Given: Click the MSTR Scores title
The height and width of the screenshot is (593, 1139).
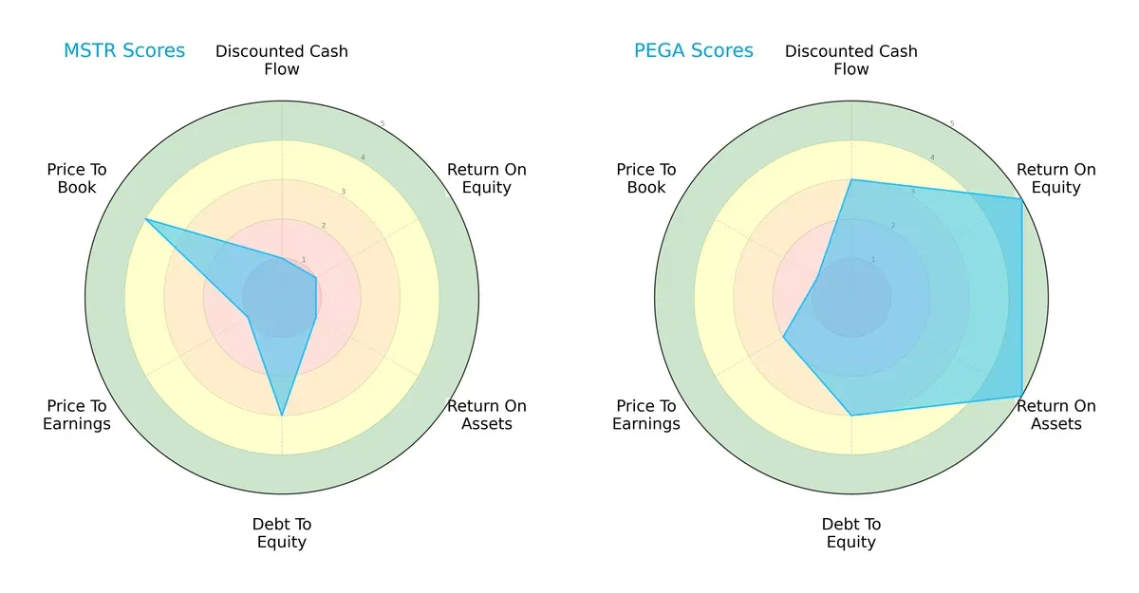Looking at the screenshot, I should click(x=124, y=50).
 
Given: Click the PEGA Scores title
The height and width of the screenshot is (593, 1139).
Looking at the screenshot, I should click(x=694, y=50).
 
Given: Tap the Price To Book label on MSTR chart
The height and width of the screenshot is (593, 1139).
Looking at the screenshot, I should click(x=77, y=178).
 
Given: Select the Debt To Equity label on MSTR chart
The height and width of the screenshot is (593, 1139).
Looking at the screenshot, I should click(x=282, y=533).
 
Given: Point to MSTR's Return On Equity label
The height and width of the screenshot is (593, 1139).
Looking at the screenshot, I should click(x=487, y=178).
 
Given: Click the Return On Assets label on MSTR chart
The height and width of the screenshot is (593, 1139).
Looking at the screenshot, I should click(x=487, y=415).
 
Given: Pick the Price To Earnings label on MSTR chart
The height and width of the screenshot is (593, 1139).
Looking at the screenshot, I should click(x=77, y=415).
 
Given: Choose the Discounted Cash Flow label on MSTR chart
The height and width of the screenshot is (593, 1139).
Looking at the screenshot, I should click(x=282, y=60).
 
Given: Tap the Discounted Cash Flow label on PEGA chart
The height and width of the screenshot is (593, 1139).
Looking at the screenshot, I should click(x=851, y=60).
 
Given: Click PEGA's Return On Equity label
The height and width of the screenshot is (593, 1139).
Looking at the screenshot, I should click(x=1056, y=178).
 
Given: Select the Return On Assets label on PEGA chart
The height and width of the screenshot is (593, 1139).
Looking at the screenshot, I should click(x=1056, y=415).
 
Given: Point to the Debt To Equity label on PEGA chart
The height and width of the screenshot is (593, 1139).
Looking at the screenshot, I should click(x=851, y=533).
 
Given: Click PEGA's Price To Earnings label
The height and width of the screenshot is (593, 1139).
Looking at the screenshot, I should click(x=646, y=415).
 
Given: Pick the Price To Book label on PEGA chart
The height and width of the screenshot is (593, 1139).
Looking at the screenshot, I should click(x=646, y=178).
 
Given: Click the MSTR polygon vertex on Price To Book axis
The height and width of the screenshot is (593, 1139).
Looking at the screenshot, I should click(x=145, y=219).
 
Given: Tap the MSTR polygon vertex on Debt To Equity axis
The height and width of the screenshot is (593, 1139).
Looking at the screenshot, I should click(x=282, y=416).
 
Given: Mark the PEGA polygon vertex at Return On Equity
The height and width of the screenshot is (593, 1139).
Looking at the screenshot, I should click(x=1021, y=198).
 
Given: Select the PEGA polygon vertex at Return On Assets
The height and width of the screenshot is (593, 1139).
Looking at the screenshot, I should click(x=1021, y=396).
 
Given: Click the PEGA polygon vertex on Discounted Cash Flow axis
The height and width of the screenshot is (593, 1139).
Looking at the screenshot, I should click(x=851, y=179).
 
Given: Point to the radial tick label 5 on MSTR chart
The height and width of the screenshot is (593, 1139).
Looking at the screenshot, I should click(x=383, y=124).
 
